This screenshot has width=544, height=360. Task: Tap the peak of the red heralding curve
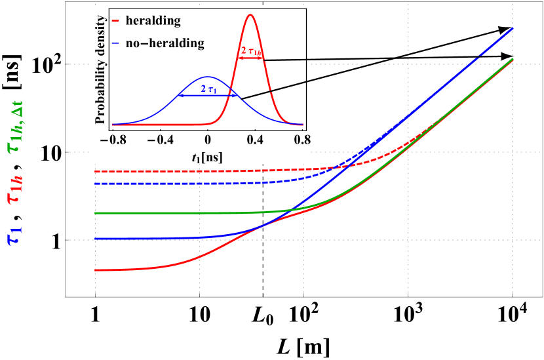click(250, 14)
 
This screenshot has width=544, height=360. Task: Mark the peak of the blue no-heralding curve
click(207, 77)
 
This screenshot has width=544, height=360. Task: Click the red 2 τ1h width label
click(250, 50)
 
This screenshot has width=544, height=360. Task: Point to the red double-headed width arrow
click(250, 58)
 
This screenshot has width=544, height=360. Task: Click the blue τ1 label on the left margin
click(14, 235)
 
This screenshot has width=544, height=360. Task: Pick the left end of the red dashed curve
click(96, 171)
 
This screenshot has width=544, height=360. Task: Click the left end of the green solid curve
click(96, 213)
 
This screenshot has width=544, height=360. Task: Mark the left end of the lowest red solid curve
click(96, 270)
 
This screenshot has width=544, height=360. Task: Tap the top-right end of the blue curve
click(512, 28)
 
